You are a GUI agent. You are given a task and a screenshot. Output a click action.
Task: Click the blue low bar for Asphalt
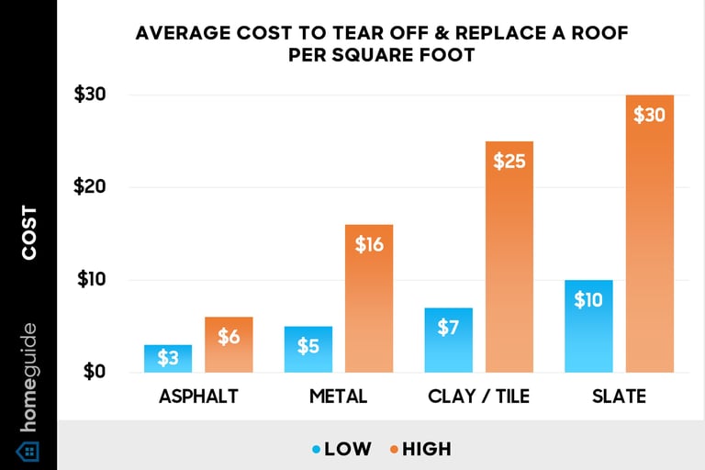pos(168,358)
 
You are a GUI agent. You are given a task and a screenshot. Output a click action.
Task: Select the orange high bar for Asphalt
pos(229,345)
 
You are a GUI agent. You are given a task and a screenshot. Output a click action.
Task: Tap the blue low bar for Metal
pos(308,349)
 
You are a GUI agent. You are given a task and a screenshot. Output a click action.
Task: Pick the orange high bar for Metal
pos(369,298)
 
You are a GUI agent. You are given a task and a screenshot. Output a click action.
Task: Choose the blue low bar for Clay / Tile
pos(448,340)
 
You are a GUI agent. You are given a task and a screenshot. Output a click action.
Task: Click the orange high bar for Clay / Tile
pos(509,257)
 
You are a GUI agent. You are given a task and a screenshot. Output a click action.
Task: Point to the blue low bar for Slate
pos(588,326)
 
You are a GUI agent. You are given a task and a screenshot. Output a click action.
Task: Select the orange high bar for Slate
pos(650,234)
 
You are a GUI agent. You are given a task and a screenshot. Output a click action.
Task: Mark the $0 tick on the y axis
pos(94,372)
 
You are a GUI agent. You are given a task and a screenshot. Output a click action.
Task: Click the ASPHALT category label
pos(198,397)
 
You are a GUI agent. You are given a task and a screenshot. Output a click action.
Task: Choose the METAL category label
pos(338,397)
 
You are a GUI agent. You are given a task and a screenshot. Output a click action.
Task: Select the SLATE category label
pos(619,397)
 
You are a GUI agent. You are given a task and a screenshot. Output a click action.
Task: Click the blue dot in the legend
pos(316,450)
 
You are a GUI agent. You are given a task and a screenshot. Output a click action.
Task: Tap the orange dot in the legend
pos(393,450)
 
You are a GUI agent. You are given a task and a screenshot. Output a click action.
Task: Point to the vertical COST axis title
pos(29,232)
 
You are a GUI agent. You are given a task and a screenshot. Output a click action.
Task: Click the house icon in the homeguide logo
pos(28,451)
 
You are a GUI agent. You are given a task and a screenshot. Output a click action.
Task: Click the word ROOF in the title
pos(604,35)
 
